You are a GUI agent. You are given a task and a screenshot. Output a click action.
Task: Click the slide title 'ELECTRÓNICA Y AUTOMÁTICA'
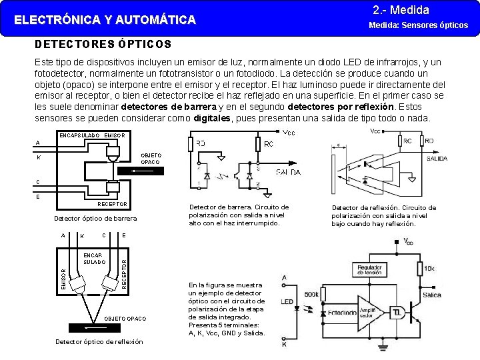pyautogui.click(x=105, y=20)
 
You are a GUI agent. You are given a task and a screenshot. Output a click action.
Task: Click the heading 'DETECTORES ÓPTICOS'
pyautogui.click(x=103, y=45)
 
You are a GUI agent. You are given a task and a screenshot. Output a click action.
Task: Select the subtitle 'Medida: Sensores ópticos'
pyautogui.click(x=418, y=25)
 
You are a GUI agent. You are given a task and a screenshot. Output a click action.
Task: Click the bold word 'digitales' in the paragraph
pyautogui.click(x=212, y=118)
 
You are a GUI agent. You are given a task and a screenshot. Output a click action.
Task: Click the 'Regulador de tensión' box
pyautogui.click(x=369, y=269)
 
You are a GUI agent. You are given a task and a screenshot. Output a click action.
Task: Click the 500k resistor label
pyautogui.click(x=311, y=294)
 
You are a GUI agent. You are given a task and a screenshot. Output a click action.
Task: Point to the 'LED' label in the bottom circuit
pyautogui.click(x=287, y=302)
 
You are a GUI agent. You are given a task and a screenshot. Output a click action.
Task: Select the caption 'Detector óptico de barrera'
pyautogui.click(x=95, y=218)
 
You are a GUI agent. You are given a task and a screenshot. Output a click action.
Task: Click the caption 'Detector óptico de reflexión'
pyautogui.click(x=99, y=342)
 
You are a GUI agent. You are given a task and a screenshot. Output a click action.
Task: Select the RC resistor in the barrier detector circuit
pyautogui.click(x=257, y=145)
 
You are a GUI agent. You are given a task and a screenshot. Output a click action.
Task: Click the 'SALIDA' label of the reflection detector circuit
pyautogui.click(x=437, y=159)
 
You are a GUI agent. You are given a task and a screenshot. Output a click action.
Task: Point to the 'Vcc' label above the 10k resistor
pyautogui.click(x=408, y=241)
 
